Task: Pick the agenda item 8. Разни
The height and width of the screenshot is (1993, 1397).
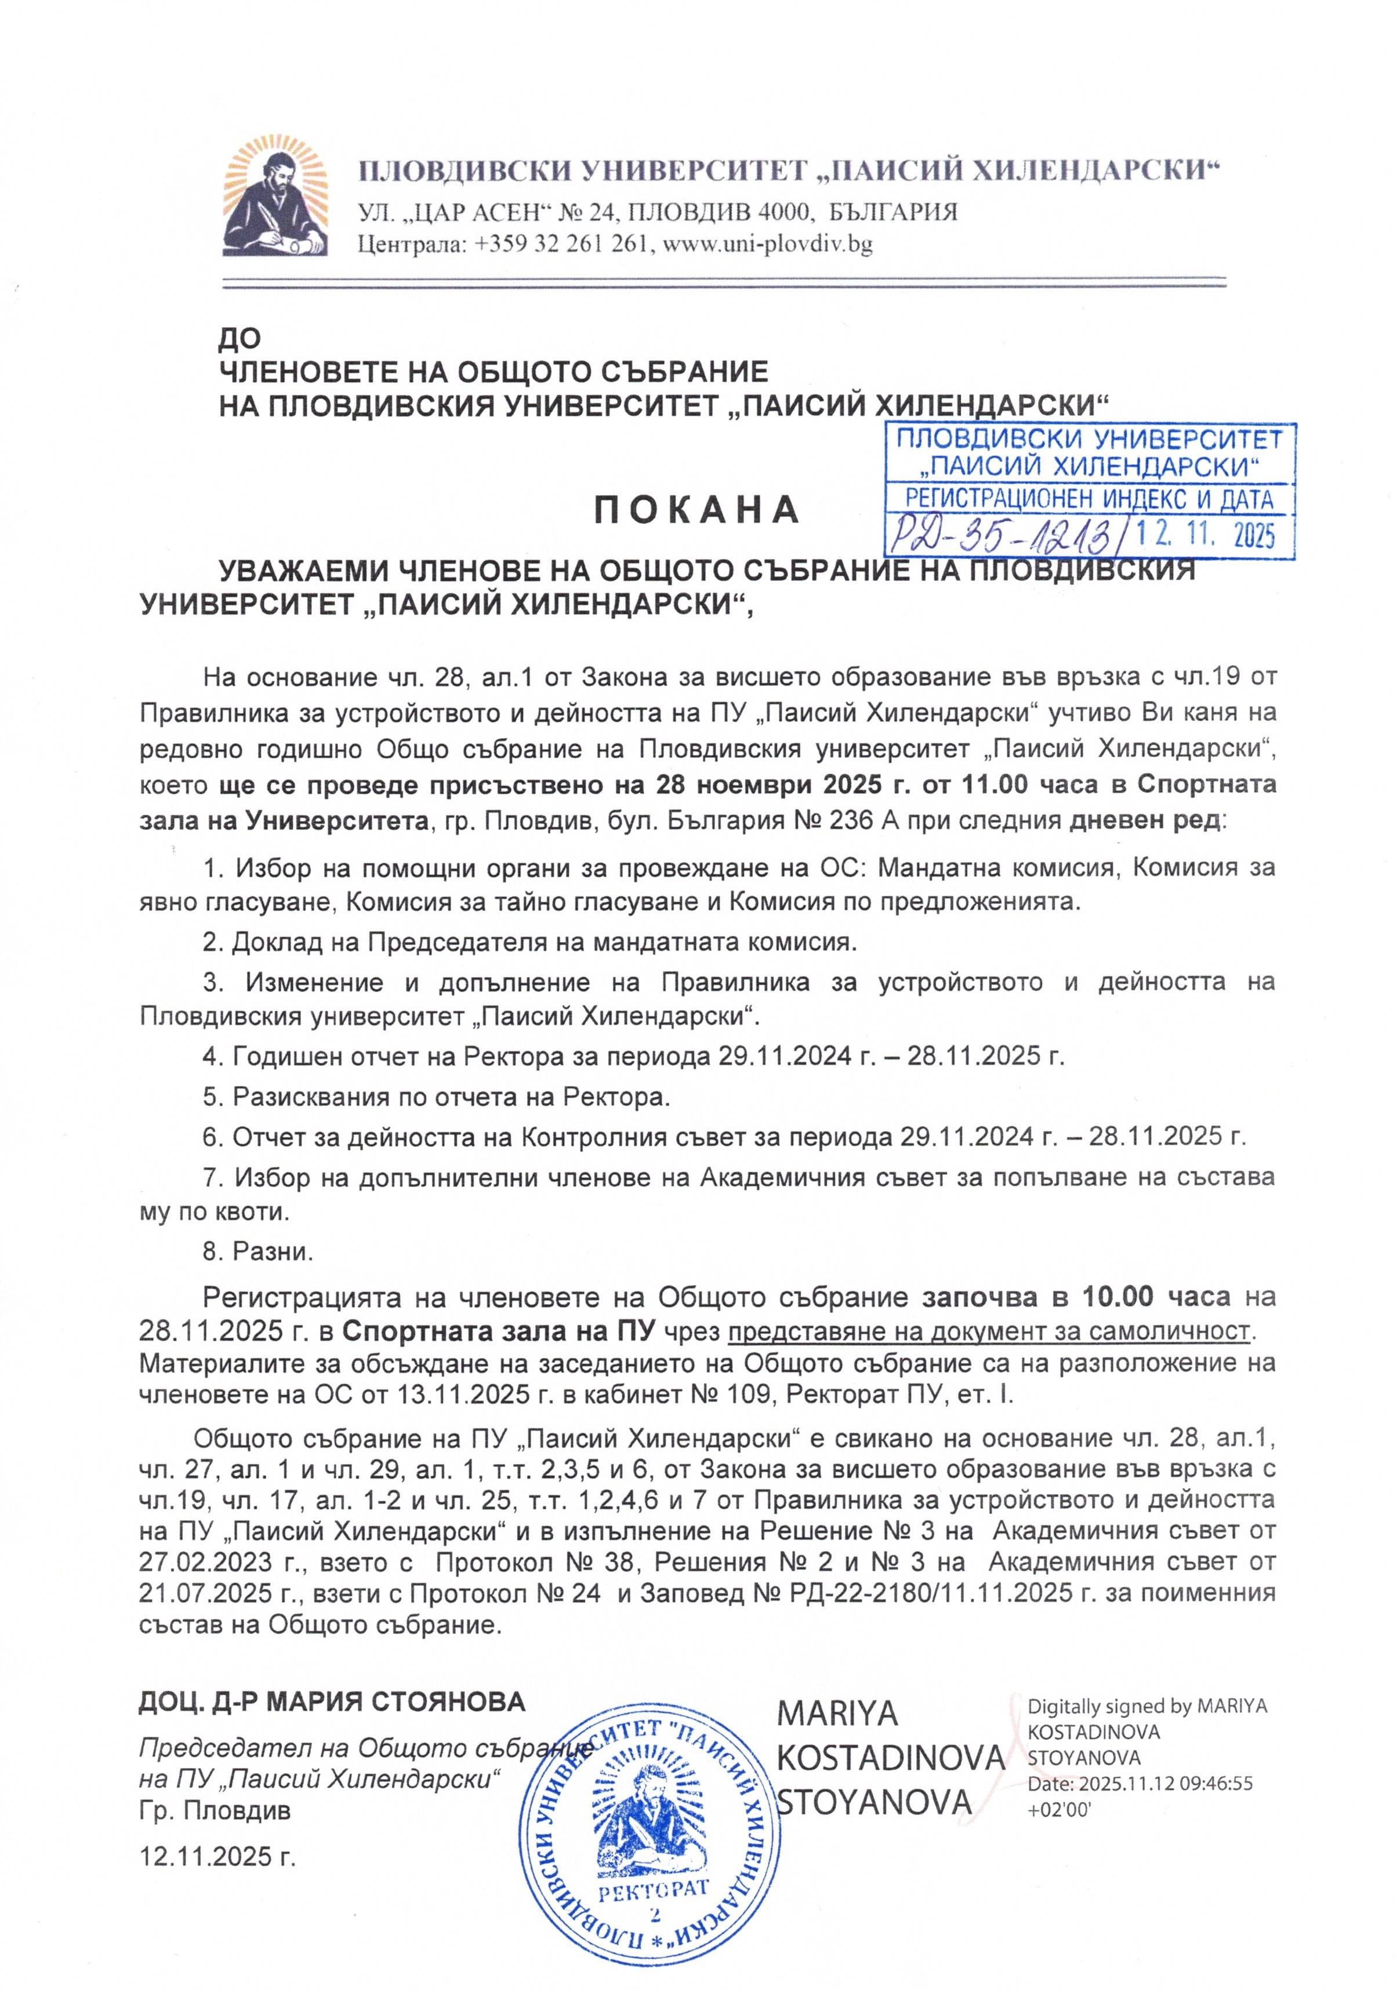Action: (x=257, y=1251)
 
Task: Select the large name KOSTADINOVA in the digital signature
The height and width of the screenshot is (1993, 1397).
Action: (x=890, y=1757)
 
